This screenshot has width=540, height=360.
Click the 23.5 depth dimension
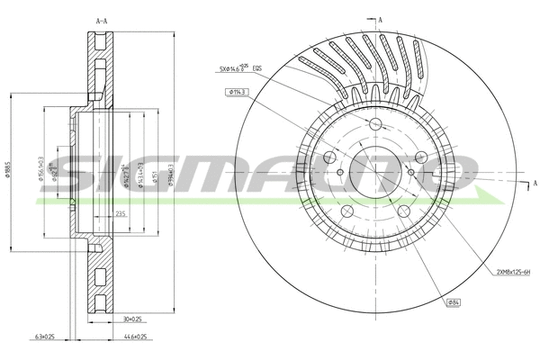coord(121,213)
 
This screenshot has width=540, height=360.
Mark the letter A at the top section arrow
coord(381,19)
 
